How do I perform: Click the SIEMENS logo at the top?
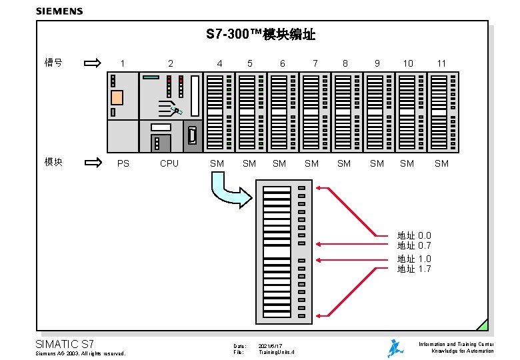point(59,11)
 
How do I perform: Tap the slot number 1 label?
point(123,63)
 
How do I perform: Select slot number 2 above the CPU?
point(171,63)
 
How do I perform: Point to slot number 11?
point(441,63)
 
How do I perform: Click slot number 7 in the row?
point(315,63)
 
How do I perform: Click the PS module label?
point(123,163)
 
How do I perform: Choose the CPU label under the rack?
point(169,163)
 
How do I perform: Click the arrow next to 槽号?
point(93,63)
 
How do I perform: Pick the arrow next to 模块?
point(93,162)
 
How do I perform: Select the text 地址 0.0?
point(414,235)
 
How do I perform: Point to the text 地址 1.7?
point(414,269)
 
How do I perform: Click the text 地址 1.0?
point(414,259)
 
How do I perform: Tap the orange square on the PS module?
point(117,97)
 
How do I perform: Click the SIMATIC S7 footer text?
point(65,344)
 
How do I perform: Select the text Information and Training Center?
point(456,344)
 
